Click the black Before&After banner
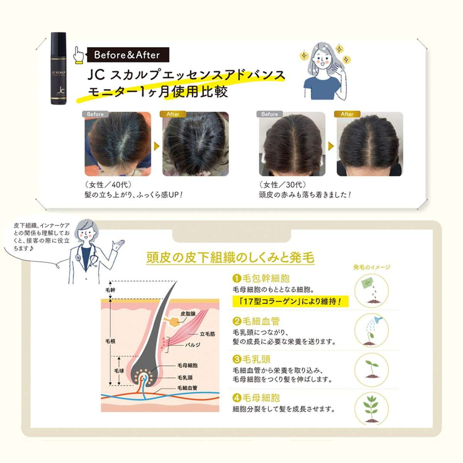[128, 55]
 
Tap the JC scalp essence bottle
[58, 68]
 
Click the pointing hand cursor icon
[78, 55]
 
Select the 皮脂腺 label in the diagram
[188, 313]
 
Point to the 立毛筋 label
[208, 334]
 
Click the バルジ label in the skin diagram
[193, 345]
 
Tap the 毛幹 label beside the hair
[110, 290]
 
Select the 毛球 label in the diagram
[119, 371]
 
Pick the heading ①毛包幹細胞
[261, 278]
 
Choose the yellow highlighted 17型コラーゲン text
[290, 301]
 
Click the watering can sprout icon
[372, 330]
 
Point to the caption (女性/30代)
[282, 184]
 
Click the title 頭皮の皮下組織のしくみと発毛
[230, 257]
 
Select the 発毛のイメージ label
[372, 267]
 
